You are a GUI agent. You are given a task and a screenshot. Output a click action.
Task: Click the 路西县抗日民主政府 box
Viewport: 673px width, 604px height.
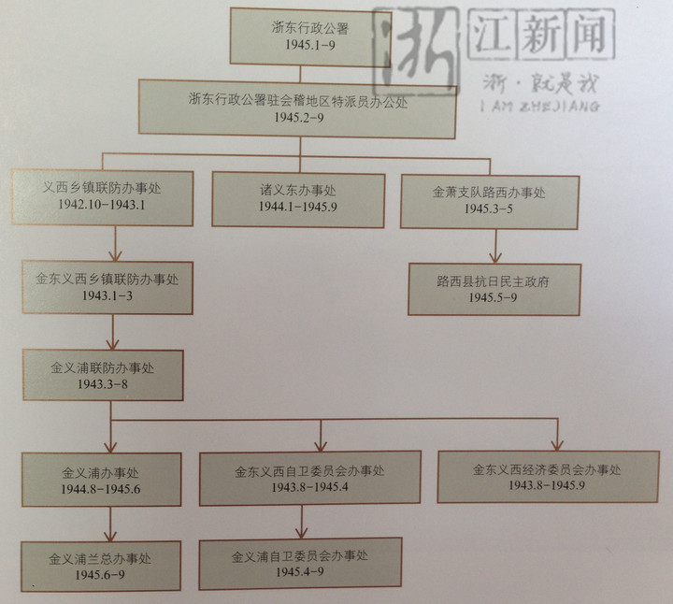coord(494,288)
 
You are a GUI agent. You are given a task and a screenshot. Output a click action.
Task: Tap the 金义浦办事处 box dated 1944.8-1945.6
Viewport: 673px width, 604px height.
coord(113,478)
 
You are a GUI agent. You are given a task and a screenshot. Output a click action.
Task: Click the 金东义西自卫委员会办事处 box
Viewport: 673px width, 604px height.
coord(309,479)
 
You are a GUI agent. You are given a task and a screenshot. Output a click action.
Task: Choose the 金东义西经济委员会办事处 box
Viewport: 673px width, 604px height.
coord(547,476)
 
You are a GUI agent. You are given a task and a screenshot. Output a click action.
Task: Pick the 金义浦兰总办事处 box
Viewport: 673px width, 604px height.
coord(113,566)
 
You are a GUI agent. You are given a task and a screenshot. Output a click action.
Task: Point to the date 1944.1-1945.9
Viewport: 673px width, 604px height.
coord(297,209)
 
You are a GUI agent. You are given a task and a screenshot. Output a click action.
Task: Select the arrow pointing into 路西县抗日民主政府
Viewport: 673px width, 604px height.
coord(495,252)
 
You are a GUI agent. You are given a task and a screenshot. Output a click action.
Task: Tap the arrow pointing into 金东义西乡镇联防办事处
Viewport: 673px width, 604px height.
coord(114,251)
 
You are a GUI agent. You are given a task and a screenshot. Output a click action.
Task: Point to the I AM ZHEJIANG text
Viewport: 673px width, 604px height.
coord(539,105)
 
